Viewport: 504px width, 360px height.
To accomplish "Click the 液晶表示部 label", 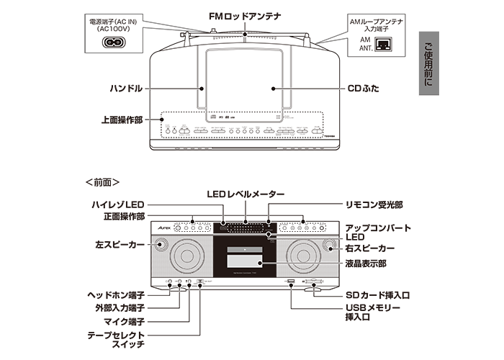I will coord(368,264).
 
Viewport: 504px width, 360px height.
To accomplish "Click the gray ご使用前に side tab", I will coord(429,65).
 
